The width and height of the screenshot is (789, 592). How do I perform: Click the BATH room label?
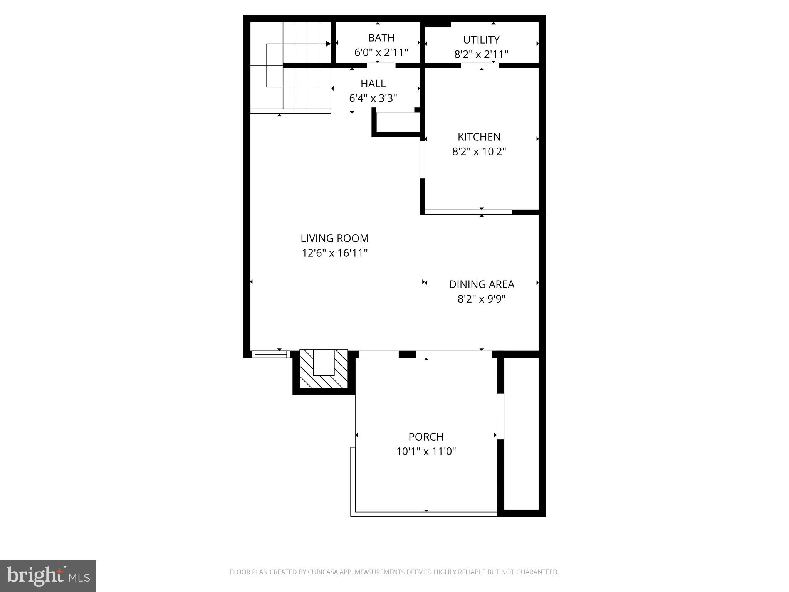click(x=381, y=38)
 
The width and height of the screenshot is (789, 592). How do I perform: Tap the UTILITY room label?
click(x=481, y=40)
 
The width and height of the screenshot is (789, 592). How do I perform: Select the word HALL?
click(x=373, y=84)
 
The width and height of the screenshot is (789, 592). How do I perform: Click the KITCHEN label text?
click(x=479, y=137)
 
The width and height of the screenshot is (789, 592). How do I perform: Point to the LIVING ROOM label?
click(x=334, y=238)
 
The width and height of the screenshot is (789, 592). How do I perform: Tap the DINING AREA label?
click(x=482, y=284)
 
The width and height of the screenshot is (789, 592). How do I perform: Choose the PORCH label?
click(x=426, y=437)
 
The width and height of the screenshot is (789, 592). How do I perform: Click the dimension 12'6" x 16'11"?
click(x=334, y=253)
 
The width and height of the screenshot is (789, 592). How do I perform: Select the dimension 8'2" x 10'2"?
click(x=479, y=151)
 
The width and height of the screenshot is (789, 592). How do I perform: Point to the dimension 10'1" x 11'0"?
click(x=426, y=451)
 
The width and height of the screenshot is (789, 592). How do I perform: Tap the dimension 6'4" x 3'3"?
click(x=373, y=98)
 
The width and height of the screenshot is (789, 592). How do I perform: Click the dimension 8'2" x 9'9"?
click(x=482, y=299)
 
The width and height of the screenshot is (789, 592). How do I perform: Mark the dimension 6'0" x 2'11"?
click(x=381, y=52)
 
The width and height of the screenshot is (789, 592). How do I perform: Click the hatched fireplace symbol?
click(x=324, y=369)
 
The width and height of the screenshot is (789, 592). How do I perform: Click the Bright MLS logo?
click(x=48, y=576)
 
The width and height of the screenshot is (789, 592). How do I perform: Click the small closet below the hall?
click(x=397, y=123)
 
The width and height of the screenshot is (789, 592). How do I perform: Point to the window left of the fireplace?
click(x=270, y=354)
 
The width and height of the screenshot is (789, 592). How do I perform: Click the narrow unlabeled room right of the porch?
click(x=521, y=434)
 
